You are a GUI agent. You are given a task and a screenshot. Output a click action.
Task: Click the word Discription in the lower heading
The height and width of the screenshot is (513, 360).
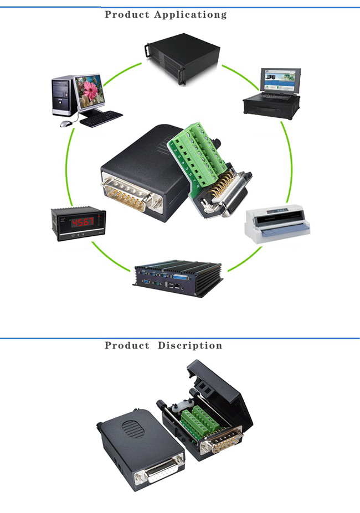(x=190, y=346)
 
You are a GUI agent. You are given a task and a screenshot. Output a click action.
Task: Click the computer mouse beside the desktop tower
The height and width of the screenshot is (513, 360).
(x=65, y=123)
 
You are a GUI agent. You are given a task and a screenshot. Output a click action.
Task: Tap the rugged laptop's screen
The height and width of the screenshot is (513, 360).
(x=280, y=81)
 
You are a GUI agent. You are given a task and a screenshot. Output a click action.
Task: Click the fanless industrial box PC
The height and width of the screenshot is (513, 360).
(x=177, y=277)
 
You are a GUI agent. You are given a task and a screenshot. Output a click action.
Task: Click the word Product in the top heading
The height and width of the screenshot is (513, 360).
(x=127, y=15)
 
